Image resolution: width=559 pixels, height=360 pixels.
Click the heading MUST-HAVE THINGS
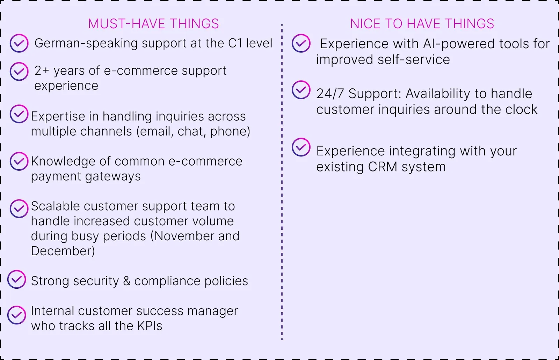(x=153, y=24)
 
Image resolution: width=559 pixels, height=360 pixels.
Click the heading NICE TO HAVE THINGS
(x=422, y=24)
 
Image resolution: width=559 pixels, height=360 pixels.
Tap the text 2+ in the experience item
(x=42, y=71)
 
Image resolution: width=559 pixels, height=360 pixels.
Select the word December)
(x=63, y=251)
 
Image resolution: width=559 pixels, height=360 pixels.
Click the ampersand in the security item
(x=127, y=281)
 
